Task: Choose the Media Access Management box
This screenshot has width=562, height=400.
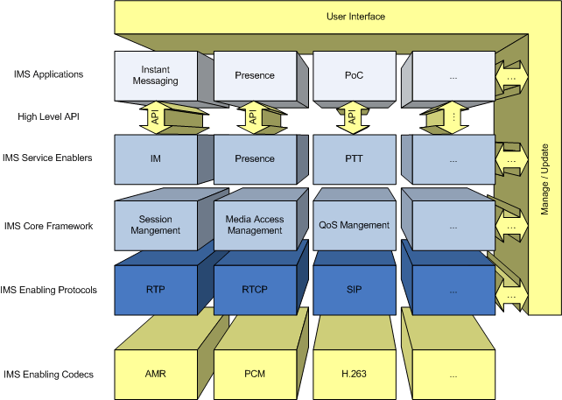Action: (254, 225)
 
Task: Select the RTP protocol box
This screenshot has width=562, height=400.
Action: (155, 290)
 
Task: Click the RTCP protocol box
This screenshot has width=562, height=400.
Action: (254, 290)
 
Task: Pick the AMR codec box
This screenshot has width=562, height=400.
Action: (155, 374)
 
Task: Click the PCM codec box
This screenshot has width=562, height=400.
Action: (254, 374)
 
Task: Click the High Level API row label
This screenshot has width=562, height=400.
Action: (49, 116)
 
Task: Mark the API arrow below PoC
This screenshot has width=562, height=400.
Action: (352, 116)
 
